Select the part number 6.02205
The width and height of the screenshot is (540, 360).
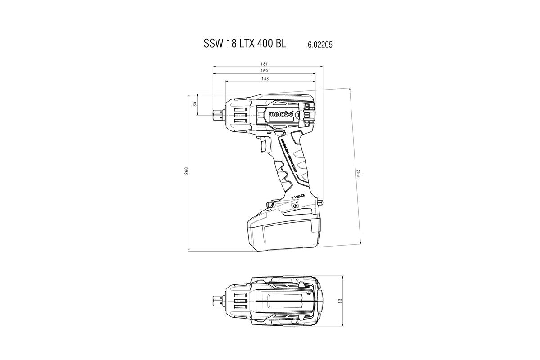point(320,45)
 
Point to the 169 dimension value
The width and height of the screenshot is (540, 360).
point(264,71)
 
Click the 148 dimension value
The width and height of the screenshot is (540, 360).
point(265,79)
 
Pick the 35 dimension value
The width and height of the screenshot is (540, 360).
point(195,104)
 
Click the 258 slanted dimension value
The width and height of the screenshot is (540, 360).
point(358,173)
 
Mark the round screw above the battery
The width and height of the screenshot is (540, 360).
point(295,206)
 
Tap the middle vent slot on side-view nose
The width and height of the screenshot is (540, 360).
point(240,114)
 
